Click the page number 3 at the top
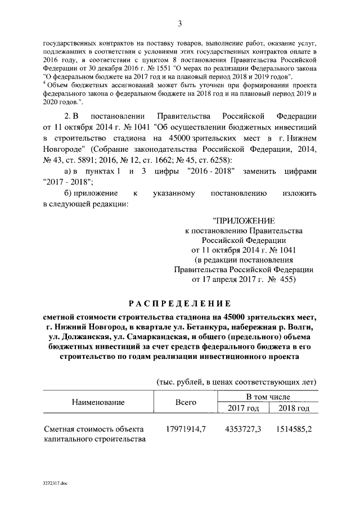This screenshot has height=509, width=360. click(x=180, y=24)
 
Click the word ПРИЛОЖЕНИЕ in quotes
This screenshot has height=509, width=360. click(x=244, y=222)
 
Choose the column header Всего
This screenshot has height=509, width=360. click(x=186, y=403)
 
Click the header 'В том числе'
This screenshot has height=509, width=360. click(x=267, y=397)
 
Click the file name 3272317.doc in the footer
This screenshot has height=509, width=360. click(x=55, y=483)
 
